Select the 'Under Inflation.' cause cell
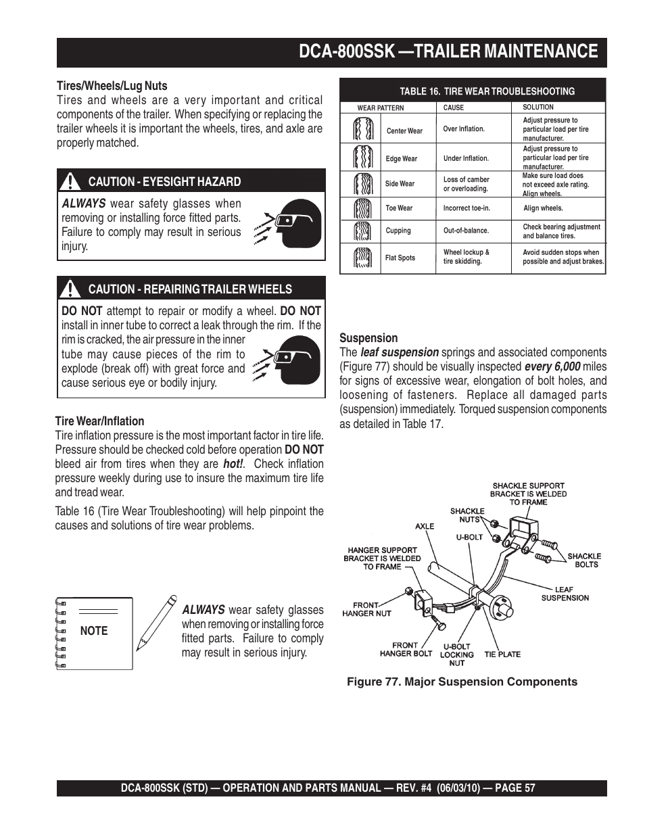466,158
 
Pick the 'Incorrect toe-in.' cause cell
467,208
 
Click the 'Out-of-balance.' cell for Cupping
466,231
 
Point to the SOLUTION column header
538,107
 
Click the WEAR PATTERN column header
381,108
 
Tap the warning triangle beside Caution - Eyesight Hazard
70,182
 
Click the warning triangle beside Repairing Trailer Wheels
70,289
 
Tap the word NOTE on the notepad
94,631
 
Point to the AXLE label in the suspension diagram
425,526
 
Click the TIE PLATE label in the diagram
502,654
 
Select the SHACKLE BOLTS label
584,560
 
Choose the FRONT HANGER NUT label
367,609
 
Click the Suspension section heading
368,338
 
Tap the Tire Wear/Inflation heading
99,421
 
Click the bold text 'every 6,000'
552,366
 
